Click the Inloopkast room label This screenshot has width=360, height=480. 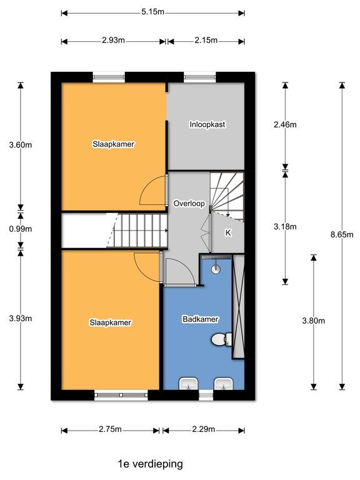207,124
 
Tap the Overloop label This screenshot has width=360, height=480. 189,204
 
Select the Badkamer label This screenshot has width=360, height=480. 200,319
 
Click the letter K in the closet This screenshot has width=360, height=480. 228,233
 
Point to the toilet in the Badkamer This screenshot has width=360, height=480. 221,339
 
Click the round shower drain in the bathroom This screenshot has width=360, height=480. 216,269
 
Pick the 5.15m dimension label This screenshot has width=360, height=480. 152,12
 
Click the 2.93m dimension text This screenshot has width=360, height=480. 113,40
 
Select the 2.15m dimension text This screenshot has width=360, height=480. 206,40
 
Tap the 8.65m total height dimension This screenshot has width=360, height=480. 342,235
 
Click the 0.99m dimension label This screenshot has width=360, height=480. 21,229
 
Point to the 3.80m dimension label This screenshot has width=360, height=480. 314,321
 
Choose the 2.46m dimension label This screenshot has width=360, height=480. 285,124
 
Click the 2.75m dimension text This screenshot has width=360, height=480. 110,429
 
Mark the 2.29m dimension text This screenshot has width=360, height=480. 204,429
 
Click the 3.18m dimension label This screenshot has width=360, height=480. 285,226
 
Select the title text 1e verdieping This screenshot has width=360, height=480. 150,464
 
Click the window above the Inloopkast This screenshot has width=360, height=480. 200,77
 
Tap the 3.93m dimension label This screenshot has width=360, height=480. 21,318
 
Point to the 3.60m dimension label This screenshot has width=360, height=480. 21,145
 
